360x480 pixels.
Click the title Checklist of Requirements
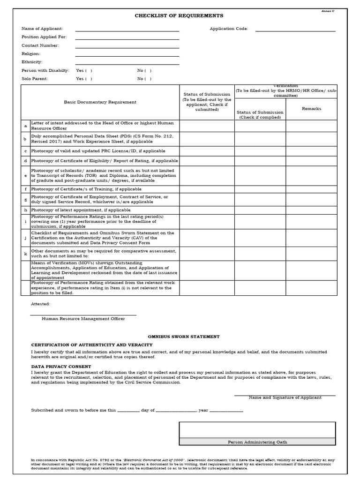pyautogui.click(x=179, y=15)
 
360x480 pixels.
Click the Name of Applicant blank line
pyautogui.click(x=127, y=30)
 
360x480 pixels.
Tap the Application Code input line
pyautogui.click(x=295, y=30)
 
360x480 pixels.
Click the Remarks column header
pyautogui.click(x=311, y=109)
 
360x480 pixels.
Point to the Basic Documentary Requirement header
pyautogui.click(x=100, y=102)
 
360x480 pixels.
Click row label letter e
pyautogui.click(x=25, y=176)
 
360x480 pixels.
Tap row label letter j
pyautogui.click(x=25, y=238)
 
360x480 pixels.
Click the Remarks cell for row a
pyautogui.click(x=311, y=126)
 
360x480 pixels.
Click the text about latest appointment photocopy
pyautogui.click(x=81, y=210)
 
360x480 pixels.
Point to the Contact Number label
pyautogui.click(x=40, y=45)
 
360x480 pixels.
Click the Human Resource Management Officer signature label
pyautogui.click(x=83, y=319)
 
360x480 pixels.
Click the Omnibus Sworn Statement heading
pyautogui.click(x=184, y=337)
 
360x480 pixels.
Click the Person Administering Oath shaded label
pyautogui.click(x=257, y=442)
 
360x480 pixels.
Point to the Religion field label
pyautogui.click(x=31, y=54)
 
